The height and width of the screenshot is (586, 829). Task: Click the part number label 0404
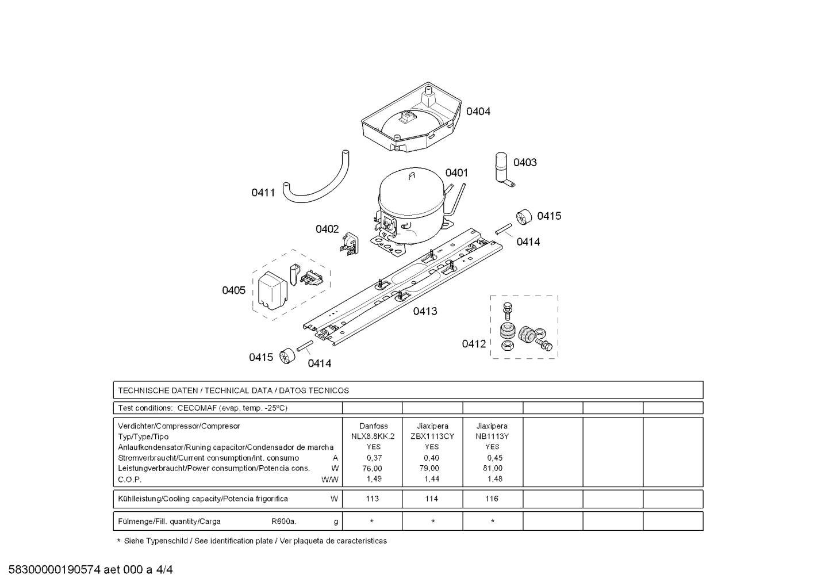(478, 112)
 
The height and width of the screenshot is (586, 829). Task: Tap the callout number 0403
(524, 163)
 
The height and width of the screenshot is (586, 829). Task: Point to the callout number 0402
(327, 229)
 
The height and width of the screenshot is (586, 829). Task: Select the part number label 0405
(233, 290)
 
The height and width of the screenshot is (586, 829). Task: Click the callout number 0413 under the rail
(425, 311)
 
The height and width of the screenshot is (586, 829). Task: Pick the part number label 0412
(474, 344)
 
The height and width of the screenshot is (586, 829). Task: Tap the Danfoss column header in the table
(373, 426)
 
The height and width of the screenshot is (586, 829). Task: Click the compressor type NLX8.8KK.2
(373, 436)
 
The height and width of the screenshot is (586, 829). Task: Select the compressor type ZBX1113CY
(432, 436)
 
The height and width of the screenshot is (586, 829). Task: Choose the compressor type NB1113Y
(492, 436)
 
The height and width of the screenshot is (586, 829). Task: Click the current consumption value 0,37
(374, 458)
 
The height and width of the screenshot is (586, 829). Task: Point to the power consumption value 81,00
(493, 468)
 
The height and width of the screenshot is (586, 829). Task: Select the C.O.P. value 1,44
(432, 479)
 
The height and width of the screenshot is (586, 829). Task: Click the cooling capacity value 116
(492, 499)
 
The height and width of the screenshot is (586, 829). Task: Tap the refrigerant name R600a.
(283, 522)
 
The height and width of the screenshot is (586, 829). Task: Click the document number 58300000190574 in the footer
(55, 570)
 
